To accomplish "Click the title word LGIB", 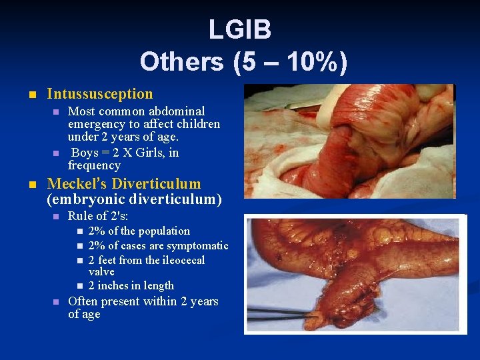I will coord(239,29).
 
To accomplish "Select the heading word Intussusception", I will coord(100,94).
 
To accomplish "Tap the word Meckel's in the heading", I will coord(77,184).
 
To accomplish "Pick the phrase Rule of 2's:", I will coord(99,216).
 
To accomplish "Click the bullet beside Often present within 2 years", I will coord(56,302).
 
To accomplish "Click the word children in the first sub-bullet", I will coord(197,124).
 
